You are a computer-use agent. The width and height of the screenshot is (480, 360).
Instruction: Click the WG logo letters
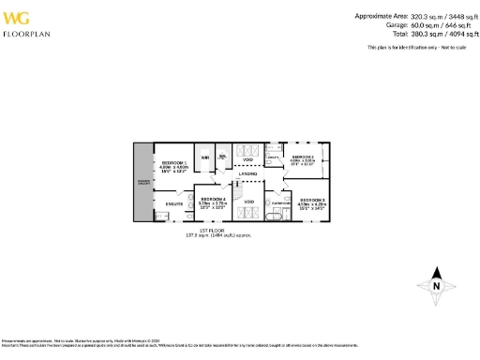pyautogui.click(x=20, y=17)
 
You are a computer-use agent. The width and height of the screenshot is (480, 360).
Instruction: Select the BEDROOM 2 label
pyautogui.click(x=303, y=157)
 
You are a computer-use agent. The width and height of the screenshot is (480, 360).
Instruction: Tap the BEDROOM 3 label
pyautogui.click(x=312, y=200)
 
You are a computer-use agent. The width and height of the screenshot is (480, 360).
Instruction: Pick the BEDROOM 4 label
pyautogui.click(x=213, y=199)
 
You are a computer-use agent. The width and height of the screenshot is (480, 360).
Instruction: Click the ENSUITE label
pyautogui.click(x=173, y=202)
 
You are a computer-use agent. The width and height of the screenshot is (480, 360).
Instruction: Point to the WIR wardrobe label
pyautogui.click(x=205, y=157)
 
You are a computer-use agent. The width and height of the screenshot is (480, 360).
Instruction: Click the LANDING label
pyautogui.click(x=248, y=174)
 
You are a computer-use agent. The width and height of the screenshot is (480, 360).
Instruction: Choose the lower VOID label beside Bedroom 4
pyautogui.click(x=248, y=202)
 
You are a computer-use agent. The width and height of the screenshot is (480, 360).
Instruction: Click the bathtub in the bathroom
pyautogui.click(x=274, y=216)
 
